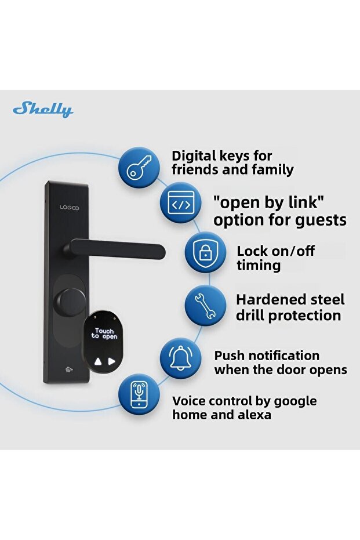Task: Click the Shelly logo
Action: [43, 110]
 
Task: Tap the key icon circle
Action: [139, 168]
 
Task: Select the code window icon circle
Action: [181, 204]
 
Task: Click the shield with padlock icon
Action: [205, 252]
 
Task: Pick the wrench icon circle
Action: [205, 306]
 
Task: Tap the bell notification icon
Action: [181, 358]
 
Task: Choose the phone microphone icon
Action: [139, 394]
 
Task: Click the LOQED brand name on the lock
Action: [69, 208]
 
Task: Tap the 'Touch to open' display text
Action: [104, 334]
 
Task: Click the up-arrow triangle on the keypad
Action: [99, 361]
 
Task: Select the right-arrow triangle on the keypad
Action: [111, 361]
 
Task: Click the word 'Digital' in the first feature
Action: [194, 157]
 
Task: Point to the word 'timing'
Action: [259, 266]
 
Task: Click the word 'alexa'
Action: [254, 414]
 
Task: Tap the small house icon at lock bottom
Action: [70, 370]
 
